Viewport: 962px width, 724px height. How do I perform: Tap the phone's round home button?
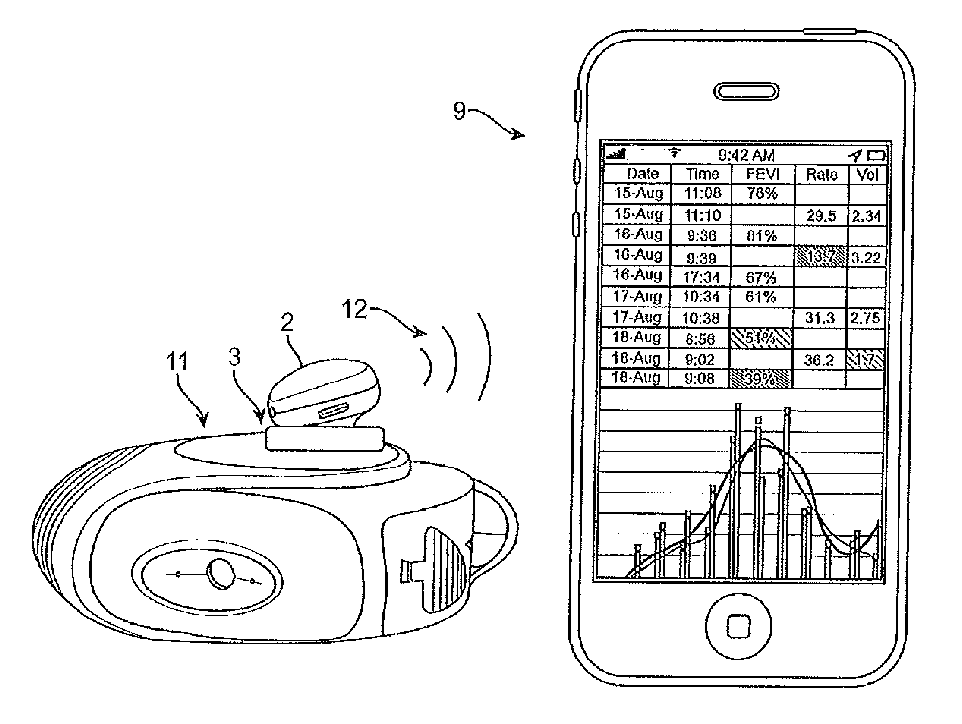tap(738, 625)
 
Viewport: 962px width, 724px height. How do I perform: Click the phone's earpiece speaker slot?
tap(746, 91)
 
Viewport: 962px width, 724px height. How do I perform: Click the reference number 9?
tap(460, 111)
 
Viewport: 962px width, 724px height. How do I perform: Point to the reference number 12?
tap(354, 309)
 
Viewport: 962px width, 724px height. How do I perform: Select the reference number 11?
tap(177, 362)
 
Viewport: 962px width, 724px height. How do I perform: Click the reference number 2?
tap(287, 322)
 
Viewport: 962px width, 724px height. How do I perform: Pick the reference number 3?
tap(234, 357)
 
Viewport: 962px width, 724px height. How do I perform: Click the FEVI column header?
tap(763, 174)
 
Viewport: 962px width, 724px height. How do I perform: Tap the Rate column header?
tap(822, 174)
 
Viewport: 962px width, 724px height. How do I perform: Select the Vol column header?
tap(867, 174)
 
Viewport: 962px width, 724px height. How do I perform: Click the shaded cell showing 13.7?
tap(820, 257)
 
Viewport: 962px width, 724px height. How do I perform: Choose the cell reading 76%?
tap(762, 193)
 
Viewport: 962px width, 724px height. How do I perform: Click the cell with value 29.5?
tap(821, 216)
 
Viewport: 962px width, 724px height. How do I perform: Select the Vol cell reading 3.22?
tap(866, 257)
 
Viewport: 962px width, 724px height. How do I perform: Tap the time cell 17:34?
tap(702, 277)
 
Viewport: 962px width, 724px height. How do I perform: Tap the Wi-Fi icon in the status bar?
tap(674, 153)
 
